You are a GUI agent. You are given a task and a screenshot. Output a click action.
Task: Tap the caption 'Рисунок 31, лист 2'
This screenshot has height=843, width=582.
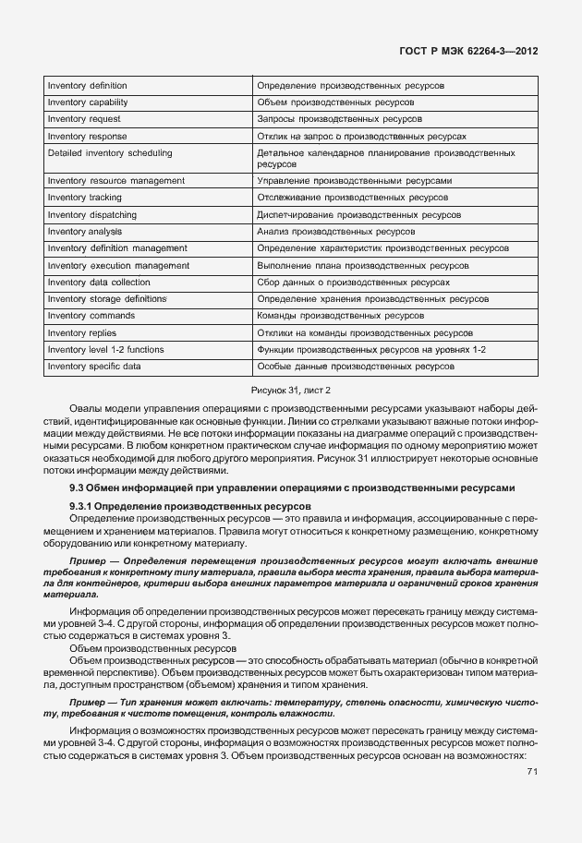coord(291,391)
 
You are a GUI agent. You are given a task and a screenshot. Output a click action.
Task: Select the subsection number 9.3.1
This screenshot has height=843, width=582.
coord(82,507)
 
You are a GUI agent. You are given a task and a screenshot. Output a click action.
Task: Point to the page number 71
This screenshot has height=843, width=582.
coord(532,772)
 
